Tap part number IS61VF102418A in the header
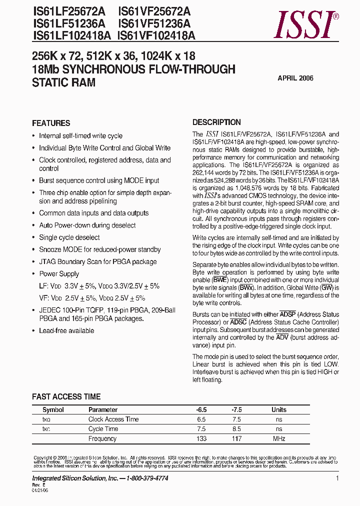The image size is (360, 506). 156,35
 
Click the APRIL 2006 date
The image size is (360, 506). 295,78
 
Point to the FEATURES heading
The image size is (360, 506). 51,123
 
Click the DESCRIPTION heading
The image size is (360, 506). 216,122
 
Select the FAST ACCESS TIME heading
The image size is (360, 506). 66,396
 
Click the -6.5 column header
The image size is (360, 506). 201,409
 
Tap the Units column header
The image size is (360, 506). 279,409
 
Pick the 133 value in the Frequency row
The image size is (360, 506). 201,438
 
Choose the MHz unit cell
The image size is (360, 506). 279,438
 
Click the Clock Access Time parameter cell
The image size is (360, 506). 113,419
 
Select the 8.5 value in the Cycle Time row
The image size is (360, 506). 236,429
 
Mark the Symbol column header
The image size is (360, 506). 53,409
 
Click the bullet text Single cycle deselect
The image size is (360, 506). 69,237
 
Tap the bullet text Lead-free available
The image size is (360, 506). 66,330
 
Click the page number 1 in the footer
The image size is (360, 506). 337,478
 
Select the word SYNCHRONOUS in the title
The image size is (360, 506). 104,69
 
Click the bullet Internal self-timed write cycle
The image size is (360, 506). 80,136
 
